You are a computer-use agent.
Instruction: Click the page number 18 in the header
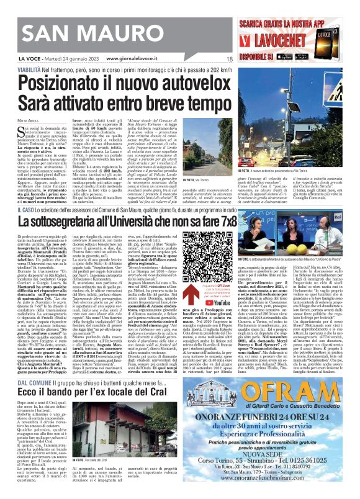tap(228, 59)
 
